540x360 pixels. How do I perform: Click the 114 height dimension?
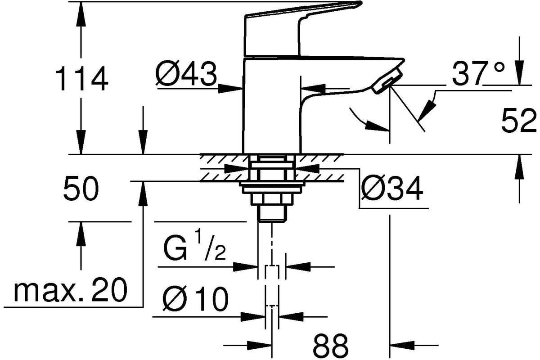tap(82, 78)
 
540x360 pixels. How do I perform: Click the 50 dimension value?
tap(81, 188)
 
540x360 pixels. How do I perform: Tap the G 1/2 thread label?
tap(194, 245)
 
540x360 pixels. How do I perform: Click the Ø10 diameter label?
tap(195, 298)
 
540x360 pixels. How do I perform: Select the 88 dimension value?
tap(330, 346)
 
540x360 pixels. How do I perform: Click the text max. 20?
tap(70, 289)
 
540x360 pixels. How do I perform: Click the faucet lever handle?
tap(303, 28)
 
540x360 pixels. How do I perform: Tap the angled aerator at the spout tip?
tap(387, 81)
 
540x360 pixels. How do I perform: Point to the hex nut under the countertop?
tap(272, 199)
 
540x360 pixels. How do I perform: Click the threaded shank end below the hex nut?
tap(272, 213)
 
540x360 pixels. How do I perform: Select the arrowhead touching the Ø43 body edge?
tap(230, 89)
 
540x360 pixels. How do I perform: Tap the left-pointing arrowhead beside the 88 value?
tap(402, 345)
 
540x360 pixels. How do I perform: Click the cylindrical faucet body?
tap(272, 106)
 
